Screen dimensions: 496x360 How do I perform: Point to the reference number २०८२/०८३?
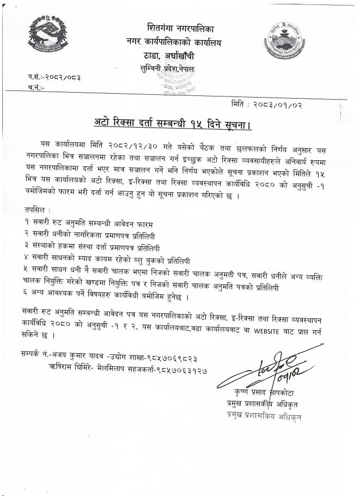pyautogui.click(x=63, y=77)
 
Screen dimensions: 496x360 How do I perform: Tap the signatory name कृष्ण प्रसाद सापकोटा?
pyautogui.click(x=267, y=394)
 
